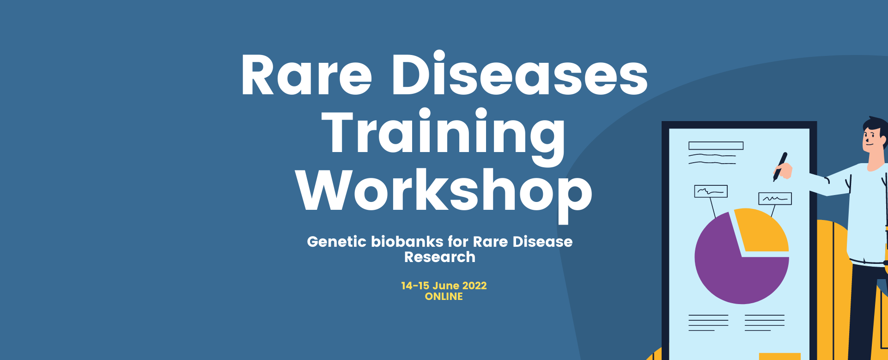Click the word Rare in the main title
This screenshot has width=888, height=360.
point(306,75)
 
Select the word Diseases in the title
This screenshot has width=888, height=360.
point(520,73)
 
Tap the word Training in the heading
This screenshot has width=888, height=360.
point(444,134)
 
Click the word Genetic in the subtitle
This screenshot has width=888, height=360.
point(336,242)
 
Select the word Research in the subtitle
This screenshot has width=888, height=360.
point(440,257)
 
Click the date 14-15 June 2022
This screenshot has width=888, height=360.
point(444,286)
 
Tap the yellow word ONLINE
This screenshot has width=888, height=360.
point(444,297)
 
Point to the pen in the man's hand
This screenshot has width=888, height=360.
point(780,166)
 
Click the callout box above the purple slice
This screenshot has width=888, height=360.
point(711,191)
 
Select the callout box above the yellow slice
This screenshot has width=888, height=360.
point(775,199)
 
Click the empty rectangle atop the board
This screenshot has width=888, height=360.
point(716,146)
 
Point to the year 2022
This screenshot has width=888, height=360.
point(474,286)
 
